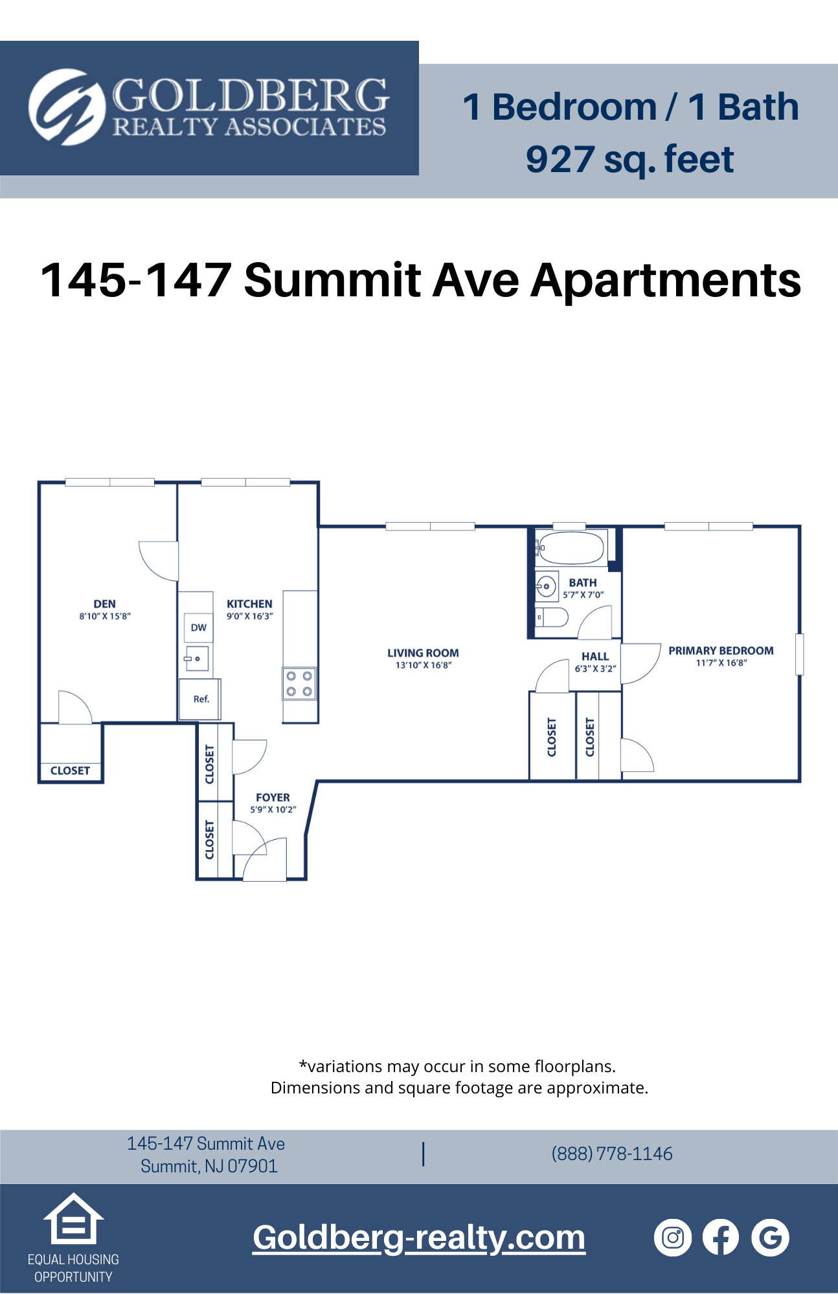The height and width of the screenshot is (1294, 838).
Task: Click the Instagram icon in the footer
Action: click(673, 1238)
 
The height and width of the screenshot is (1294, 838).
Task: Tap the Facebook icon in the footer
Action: click(721, 1238)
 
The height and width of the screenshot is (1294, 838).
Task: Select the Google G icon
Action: click(770, 1238)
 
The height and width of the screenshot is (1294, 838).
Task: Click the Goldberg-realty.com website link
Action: click(419, 1238)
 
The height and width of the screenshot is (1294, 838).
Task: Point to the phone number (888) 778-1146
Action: click(612, 1154)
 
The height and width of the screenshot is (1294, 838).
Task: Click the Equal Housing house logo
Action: click(73, 1219)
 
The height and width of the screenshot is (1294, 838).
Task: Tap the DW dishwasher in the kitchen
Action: click(199, 628)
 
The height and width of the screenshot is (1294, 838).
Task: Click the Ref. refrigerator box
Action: click(201, 699)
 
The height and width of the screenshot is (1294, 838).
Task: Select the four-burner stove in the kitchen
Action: click(299, 684)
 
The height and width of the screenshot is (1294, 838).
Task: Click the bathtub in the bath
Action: click(571, 548)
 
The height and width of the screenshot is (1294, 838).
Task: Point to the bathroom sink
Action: click(547, 587)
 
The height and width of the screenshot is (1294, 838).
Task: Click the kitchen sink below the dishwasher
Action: click(197, 659)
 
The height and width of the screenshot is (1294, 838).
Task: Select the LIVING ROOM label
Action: click(423, 653)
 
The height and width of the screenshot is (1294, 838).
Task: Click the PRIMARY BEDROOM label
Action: click(721, 651)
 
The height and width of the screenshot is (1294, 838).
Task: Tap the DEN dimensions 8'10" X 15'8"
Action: click(105, 617)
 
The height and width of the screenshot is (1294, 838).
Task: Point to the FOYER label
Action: click(273, 798)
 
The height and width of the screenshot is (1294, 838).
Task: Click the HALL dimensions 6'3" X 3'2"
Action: click(595, 668)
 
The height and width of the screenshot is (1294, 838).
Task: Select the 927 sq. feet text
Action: click(629, 159)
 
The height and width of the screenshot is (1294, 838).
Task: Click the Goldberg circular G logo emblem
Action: click(67, 107)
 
